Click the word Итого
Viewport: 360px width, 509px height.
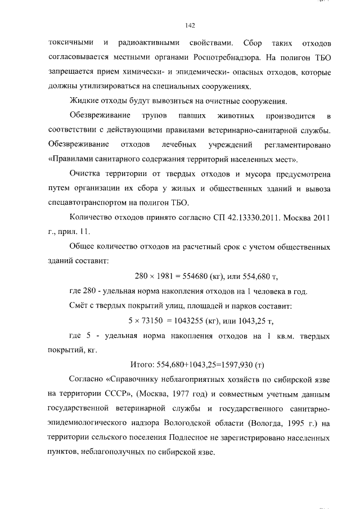tap(142, 364)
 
